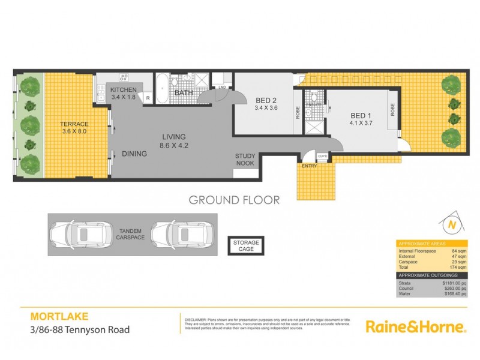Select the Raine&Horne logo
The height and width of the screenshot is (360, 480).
(x=415, y=327)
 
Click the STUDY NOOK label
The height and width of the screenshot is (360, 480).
(x=245, y=160)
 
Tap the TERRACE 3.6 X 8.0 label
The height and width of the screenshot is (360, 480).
(x=74, y=128)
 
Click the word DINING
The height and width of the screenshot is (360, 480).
(x=134, y=154)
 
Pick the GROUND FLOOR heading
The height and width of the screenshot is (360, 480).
(x=234, y=200)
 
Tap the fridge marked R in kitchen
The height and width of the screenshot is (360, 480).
(x=147, y=98)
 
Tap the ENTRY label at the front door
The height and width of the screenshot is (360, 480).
(x=310, y=166)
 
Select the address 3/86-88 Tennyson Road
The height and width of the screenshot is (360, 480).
(x=80, y=329)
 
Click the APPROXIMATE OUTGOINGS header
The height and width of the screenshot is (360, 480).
(x=427, y=275)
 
